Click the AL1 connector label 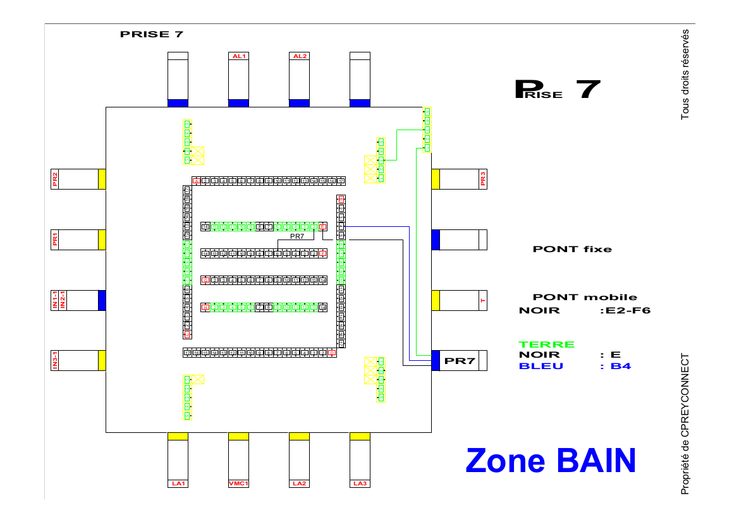click(238, 56)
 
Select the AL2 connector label click(299, 56)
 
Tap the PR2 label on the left click(55, 179)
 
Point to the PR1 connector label click(55, 240)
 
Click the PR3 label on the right click(483, 179)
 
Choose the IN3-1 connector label click(55, 360)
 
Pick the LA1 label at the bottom click(178, 483)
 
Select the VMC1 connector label click(238, 483)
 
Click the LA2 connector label click(299, 483)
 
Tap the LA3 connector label click(360, 483)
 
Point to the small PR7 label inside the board click(297, 236)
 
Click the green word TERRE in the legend click(547, 344)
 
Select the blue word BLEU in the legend click(541, 366)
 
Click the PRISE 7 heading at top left click(152, 34)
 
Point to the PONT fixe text click(572, 249)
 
